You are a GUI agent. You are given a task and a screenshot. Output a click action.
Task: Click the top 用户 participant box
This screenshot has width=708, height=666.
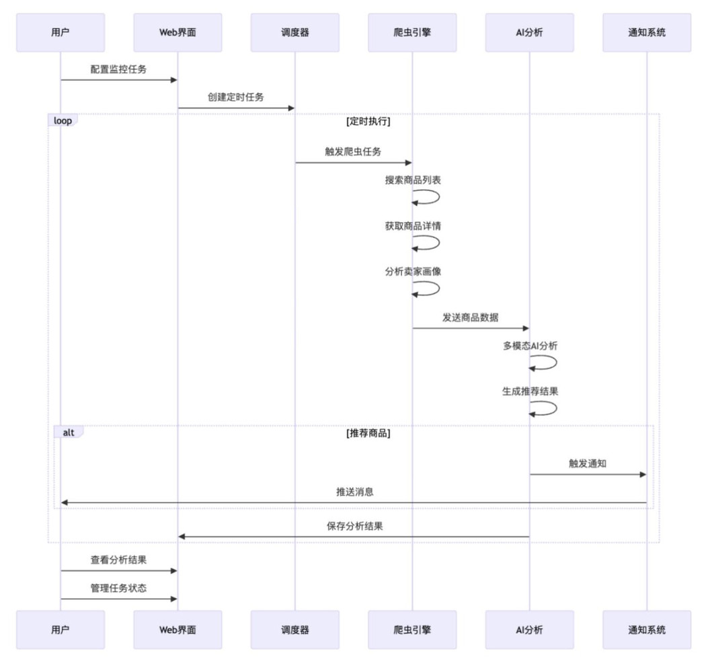tap(61, 32)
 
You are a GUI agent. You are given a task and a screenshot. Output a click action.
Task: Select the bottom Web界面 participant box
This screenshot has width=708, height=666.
tap(178, 630)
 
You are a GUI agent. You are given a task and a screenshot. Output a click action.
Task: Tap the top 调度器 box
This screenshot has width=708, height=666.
tap(295, 32)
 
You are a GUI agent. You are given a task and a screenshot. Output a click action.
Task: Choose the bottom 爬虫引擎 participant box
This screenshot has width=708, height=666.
tap(412, 630)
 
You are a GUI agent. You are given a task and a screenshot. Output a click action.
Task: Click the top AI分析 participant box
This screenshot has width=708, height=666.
tap(529, 32)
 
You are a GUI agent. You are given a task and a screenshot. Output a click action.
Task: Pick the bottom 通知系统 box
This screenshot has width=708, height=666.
tap(647, 630)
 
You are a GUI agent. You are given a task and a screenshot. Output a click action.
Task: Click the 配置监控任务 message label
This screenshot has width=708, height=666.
tap(119, 69)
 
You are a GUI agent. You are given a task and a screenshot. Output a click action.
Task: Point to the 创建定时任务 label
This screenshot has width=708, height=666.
tap(236, 97)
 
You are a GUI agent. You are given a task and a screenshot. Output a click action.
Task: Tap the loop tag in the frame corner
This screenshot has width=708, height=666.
tap(63, 121)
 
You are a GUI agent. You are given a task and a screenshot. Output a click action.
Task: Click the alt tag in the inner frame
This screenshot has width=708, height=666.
tap(69, 433)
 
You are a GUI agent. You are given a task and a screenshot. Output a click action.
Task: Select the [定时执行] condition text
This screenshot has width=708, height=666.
tap(368, 122)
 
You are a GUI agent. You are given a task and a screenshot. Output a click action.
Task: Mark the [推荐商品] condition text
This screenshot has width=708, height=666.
tap(368, 433)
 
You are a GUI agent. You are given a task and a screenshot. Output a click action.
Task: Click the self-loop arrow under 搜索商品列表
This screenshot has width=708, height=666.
tap(428, 196)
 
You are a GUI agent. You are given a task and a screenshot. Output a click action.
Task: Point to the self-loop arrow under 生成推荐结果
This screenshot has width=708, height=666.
tap(545, 408)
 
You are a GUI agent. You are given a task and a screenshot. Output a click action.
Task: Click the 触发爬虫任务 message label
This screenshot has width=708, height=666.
tap(353, 151)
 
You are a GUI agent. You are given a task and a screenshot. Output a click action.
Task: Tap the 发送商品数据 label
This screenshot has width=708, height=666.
tap(470, 318)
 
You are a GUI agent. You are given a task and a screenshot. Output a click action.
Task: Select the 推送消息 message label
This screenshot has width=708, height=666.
tap(355, 492)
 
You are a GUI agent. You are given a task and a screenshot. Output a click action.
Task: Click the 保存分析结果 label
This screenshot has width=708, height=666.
tap(355, 526)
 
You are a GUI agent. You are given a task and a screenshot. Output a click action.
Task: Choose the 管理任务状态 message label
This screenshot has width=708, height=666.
tap(119, 588)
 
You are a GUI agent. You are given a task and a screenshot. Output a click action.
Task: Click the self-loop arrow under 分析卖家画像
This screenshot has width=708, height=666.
tap(428, 288)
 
